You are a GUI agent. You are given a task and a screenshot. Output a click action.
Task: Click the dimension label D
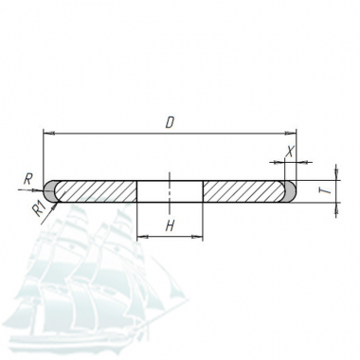pos(170,122)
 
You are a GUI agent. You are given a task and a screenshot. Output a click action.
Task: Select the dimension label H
pos(170,225)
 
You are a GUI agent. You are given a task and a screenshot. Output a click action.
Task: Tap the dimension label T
pos(328,190)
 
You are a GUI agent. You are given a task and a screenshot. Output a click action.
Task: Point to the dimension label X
pos(289,152)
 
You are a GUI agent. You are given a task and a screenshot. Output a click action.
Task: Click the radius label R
pos(28,179)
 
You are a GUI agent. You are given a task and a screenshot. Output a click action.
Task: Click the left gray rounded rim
pos(49,191)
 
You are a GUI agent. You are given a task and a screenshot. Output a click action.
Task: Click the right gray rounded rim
pos(291,191)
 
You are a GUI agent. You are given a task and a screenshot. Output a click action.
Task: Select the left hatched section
pos(96,191)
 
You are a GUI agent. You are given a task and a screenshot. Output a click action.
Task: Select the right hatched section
pos(244,191)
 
